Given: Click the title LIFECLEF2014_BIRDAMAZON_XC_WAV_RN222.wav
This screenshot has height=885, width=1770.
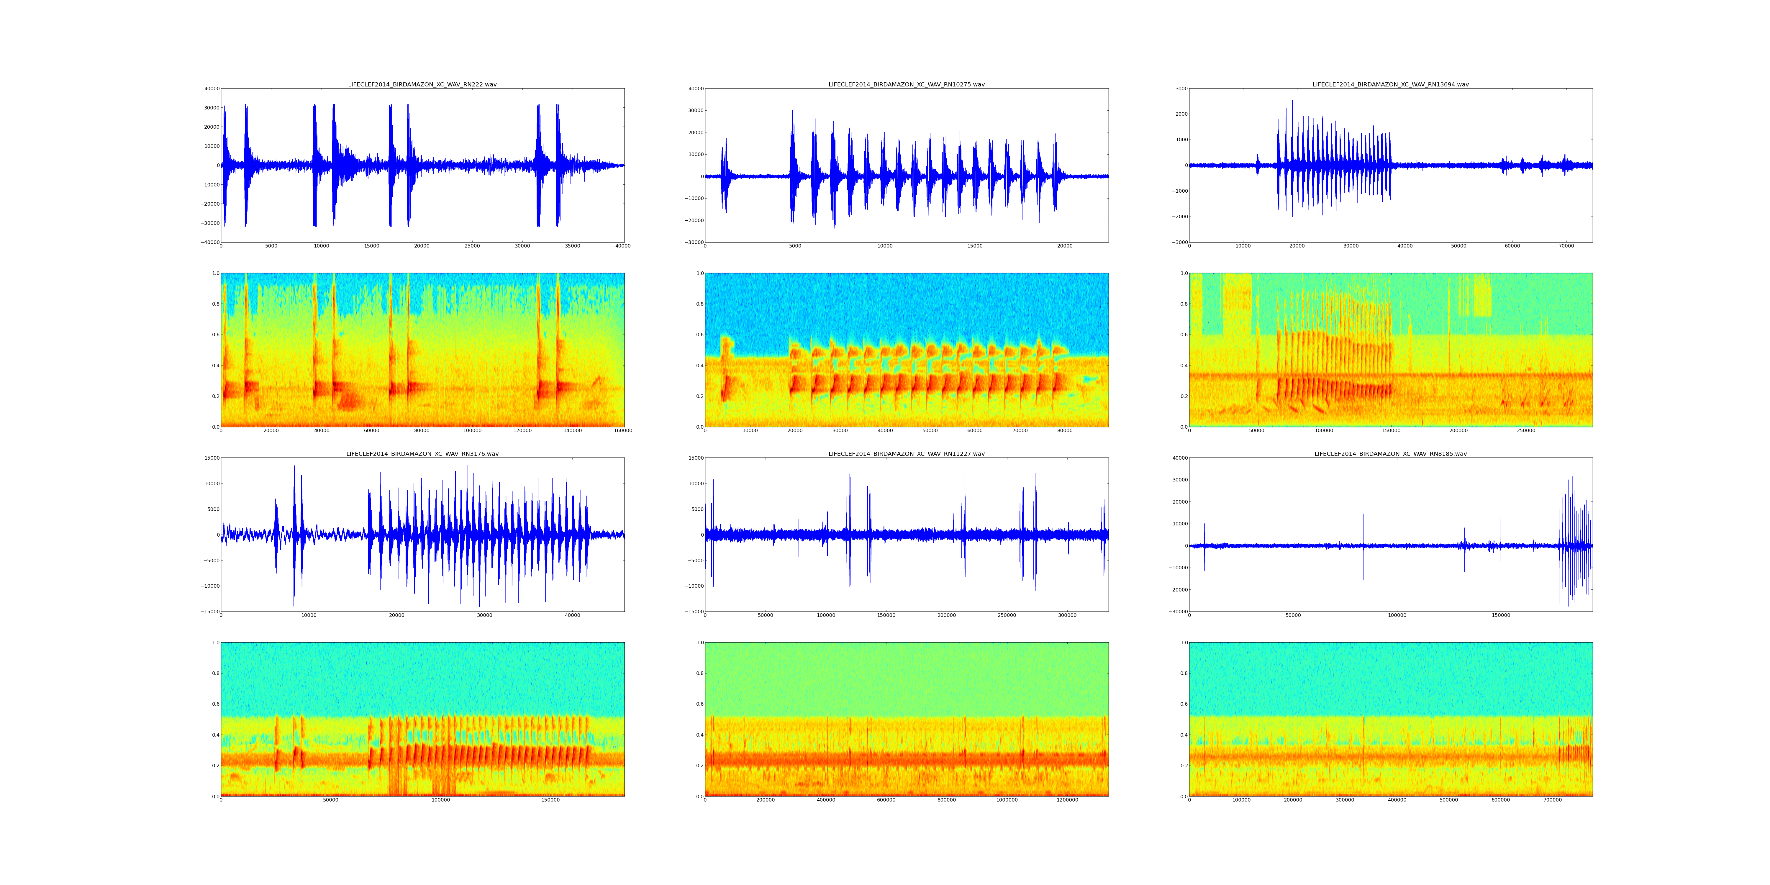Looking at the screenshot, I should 422,84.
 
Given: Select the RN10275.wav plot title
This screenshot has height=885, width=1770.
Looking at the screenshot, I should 906,84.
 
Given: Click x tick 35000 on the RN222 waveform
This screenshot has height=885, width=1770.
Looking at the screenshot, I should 572,246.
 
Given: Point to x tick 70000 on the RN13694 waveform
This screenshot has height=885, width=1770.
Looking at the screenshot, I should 1566,246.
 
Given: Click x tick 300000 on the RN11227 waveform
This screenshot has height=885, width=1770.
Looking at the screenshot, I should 1067,616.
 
